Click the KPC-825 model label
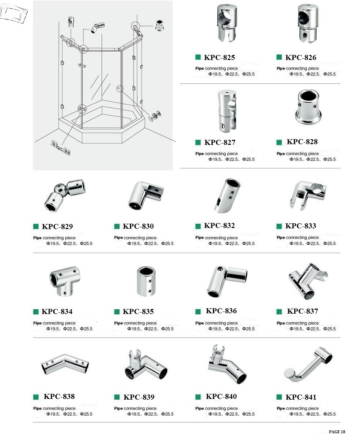point(219,57)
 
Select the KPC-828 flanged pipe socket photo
point(308,107)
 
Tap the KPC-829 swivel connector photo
point(65,195)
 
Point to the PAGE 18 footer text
point(337,431)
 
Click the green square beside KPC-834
point(36,311)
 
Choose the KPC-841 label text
point(301,397)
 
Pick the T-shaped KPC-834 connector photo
point(65,281)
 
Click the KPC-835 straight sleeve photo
point(146,281)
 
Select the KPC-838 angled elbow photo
point(65,365)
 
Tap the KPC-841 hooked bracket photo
point(308,365)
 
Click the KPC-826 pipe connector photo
point(308,23)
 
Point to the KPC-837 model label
point(303,311)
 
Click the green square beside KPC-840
point(198,397)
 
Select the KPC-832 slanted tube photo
point(227,196)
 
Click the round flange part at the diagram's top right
point(160,25)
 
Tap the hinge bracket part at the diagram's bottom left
point(61,148)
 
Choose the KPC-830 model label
point(138,226)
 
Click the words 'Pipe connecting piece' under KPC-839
point(135,408)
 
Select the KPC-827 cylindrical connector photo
point(227,111)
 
